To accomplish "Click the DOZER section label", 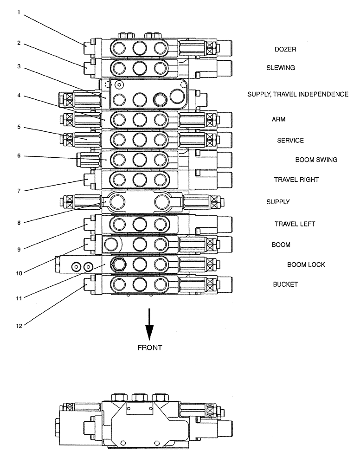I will click(285, 49).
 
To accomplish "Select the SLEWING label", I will click(280, 68).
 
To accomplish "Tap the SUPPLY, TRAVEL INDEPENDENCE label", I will click(298, 94).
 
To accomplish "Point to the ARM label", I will click(278, 119).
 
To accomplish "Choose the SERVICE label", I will click(290, 140).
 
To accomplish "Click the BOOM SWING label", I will click(316, 160).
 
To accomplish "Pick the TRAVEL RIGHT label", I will click(296, 179).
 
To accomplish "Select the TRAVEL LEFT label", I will click(295, 224).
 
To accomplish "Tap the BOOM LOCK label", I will click(306, 264).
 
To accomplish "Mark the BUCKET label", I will click(285, 284).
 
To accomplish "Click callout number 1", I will click(19, 13).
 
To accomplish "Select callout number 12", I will click(19, 325).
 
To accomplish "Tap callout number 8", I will click(19, 222).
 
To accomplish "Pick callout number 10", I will click(19, 273).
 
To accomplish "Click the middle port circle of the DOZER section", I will click(139, 48).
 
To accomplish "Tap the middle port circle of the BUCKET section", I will click(139, 284).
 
